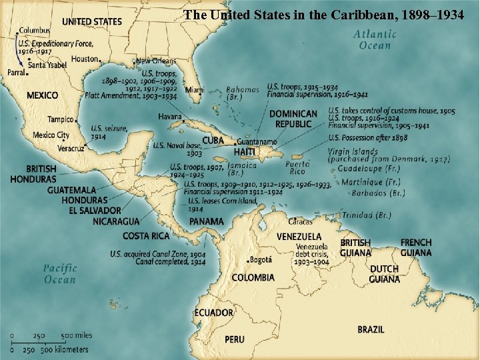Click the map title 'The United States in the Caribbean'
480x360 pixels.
click(x=323, y=14)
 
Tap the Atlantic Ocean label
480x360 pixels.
click(x=375, y=40)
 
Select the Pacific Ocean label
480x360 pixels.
click(x=60, y=274)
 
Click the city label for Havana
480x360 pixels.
click(x=170, y=116)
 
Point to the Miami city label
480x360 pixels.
click(x=195, y=89)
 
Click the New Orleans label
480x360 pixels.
click(x=157, y=61)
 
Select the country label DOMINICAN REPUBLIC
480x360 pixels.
click(x=293, y=119)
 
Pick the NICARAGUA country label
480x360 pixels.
click(x=116, y=221)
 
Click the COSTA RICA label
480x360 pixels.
click(x=145, y=236)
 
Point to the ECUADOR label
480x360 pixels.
click(x=214, y=313)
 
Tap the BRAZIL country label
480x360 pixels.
click(x=371, y=329)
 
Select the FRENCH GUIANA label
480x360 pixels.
click(x=416, y=247)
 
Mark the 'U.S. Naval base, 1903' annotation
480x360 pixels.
click(x=176, y=149)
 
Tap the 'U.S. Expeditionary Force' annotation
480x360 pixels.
click(x=55, y=47)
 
